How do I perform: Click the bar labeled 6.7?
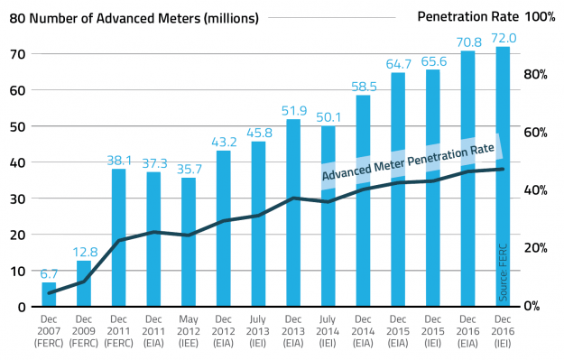[49, 294]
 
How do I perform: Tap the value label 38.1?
[119, 161]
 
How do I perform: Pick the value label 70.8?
[468, 42]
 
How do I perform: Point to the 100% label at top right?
[540, 17]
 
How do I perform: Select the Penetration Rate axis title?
[467, 17]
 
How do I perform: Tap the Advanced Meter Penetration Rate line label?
[408, 162]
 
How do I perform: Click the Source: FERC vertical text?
[504, 271]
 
